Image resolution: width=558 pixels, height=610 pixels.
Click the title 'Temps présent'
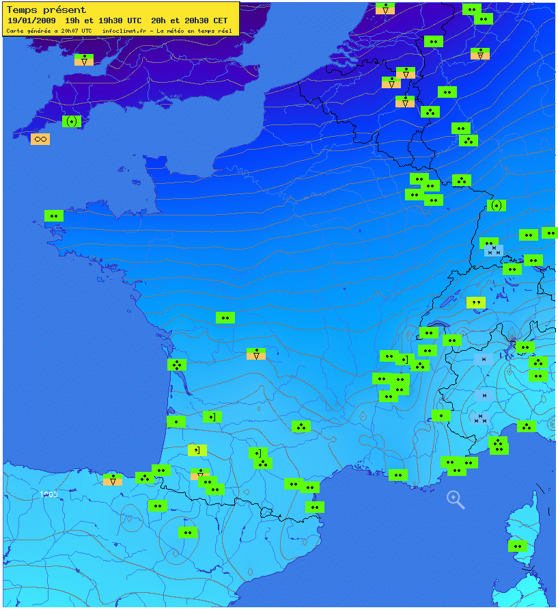[46, 10]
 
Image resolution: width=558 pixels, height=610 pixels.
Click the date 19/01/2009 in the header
[28, 21]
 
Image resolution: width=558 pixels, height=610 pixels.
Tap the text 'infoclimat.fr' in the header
[124, 31]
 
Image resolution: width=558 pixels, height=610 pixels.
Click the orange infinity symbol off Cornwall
[40, 139]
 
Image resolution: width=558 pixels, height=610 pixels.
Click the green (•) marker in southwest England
[72, 121]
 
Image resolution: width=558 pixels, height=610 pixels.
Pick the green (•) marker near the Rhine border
[497, 205]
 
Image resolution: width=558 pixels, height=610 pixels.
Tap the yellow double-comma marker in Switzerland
[476, 302]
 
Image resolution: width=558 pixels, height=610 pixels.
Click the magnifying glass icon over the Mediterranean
[456, 499]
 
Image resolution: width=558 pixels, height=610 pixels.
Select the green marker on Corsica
[518, 546]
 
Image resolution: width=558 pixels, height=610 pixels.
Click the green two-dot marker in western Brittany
[54, 215]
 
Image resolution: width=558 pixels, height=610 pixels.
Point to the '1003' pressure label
[48, 494]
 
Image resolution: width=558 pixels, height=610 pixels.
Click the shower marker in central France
[256, 354]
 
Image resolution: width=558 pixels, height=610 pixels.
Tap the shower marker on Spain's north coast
[113, 479]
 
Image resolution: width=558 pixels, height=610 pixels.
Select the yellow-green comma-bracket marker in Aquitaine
[197, 450]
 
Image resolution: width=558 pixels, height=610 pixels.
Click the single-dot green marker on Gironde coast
[176, 421]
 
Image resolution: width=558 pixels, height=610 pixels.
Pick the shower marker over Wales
[84, 59]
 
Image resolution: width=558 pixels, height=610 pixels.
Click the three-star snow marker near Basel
[494, 251]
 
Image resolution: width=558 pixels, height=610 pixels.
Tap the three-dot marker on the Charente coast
[177, 364]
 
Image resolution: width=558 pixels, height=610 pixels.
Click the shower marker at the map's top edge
[385, 8]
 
